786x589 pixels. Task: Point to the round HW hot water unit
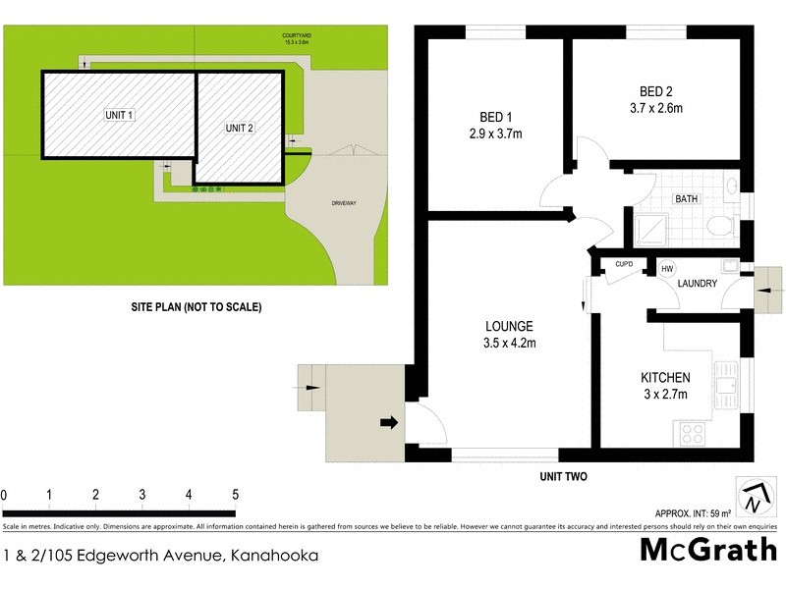(x=667, y=269)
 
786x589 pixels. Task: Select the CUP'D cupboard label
(x=623, y=264)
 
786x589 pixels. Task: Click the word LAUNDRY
(x=698, y=285)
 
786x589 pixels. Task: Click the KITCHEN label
(x=665, y=378)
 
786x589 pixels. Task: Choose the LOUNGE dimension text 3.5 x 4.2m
(x=508, y=343)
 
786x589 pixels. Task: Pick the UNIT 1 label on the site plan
(x=119, y=115)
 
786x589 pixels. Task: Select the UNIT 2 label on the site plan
(x=239, y=128)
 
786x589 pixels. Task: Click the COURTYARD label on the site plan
(x=296, y=35)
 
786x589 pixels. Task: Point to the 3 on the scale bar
(x=142, y=494)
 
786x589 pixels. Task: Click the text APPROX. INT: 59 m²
(x=694, y=513)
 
